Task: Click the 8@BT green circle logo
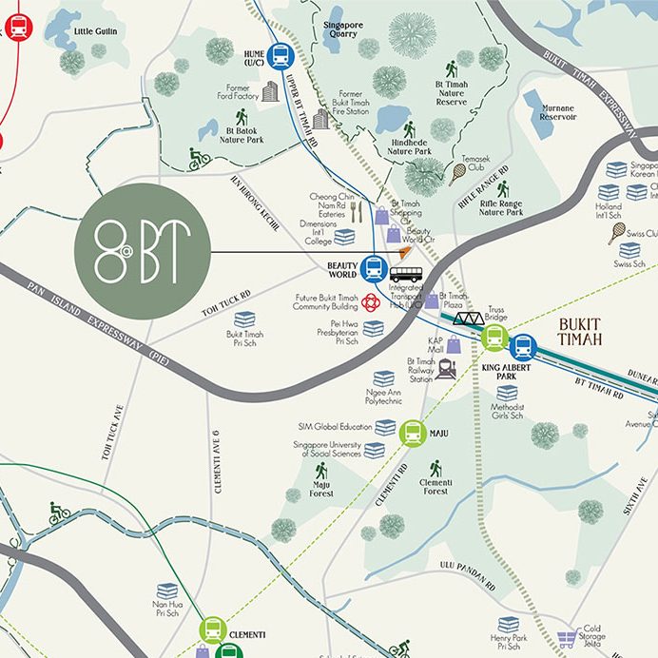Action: tap(142, 251)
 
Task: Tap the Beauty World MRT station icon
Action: tap(373, 268)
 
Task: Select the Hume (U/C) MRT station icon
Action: tap(280, 56)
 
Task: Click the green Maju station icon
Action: tap(412, 433)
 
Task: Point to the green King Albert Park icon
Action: tap(493, 337)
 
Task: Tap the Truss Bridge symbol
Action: tap(468, 319)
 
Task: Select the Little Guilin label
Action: tap(96, 30)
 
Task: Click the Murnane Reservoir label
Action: tap(558, 112)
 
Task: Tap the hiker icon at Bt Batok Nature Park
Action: tap(242, 117)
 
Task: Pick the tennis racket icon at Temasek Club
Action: tap(458, 172)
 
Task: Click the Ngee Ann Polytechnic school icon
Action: tap(384, 378)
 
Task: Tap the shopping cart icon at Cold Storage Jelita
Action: tap(568, 640)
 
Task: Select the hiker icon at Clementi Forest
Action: tap(435, 469)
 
